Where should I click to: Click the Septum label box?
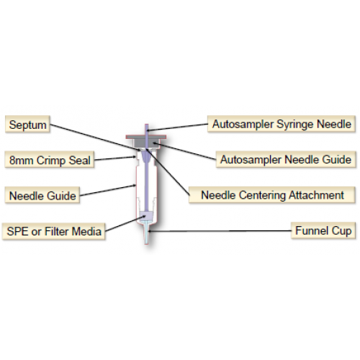27,124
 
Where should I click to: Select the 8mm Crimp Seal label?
50,159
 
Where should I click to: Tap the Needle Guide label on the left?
42,195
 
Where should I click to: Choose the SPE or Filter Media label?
53,231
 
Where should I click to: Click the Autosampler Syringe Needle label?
282,124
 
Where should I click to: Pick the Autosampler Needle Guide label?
286,159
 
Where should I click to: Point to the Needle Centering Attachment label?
272,195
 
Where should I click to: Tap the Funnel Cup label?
323,230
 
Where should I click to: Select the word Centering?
263,196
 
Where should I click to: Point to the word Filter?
57,231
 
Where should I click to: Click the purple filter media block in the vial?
146,215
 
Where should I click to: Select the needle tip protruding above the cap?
147,130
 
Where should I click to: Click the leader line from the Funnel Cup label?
220,231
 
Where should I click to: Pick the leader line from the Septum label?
96,138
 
